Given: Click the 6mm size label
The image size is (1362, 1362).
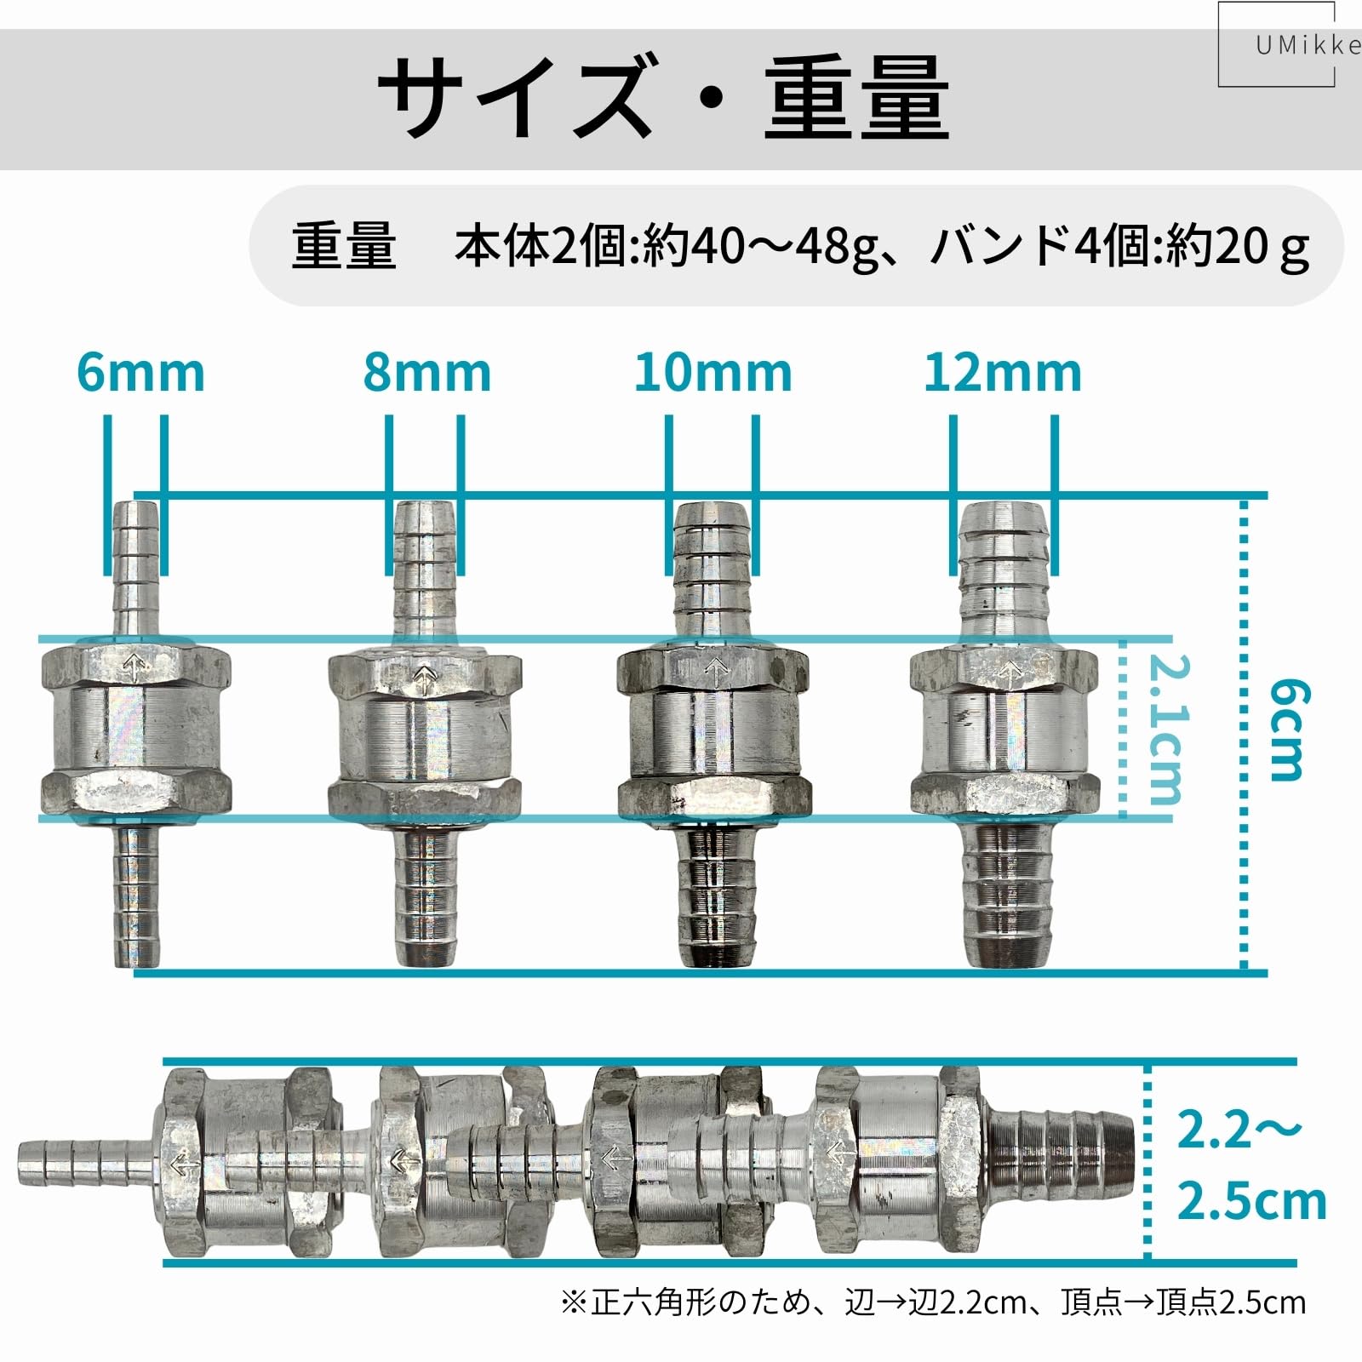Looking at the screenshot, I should coord(141,373).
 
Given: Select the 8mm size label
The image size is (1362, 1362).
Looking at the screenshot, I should coord(427,373).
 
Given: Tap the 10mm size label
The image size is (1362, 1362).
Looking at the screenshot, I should coord(713,373).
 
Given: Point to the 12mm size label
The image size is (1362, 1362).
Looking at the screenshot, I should coord(1003,373).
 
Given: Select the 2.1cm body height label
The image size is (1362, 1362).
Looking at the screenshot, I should coord(1165,730).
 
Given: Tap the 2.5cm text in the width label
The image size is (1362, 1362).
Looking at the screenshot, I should coord(1251,1201).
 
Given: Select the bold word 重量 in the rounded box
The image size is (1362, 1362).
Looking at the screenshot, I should coord(344,247).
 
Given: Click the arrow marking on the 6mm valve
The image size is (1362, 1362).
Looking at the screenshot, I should coord(134,665).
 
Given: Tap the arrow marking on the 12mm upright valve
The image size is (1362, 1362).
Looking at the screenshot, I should coord(1010,672).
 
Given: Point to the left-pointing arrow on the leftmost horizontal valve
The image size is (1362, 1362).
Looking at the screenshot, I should coord(180,1164).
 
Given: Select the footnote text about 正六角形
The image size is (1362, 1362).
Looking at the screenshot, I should coord(933,1302).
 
